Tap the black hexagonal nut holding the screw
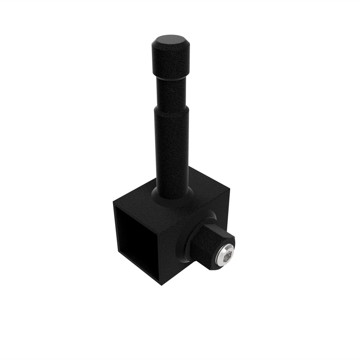click(207, 245)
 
